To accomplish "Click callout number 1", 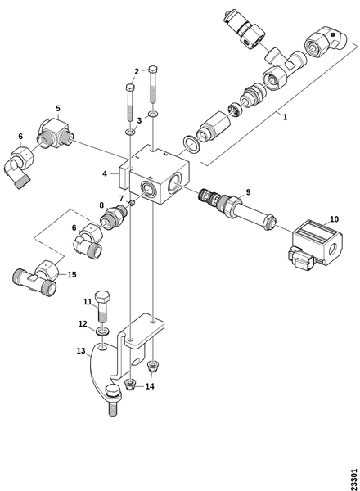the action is pyautogui.click(x=285, y=117).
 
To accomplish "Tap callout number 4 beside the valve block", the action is pyautogui.click(x=105, y=173).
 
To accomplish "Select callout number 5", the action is pyautogui.click(x=58, y=108).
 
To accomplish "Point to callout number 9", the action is pyautogui.click(x=248, y=192).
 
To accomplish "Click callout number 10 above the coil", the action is pyautogui.click(x=334, y=218).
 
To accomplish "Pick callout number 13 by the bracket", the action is pyautogui.click(x=81, y=351).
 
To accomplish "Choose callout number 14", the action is pyautogui.click(x=150, y=386).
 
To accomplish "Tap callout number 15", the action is pyautogui.click(x=72, y=275).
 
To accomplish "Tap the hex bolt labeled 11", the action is pyautogui.click(x=101, y=306).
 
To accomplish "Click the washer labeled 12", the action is pyautogui.click(x=102, y=331).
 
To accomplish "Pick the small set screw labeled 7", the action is pyautogui.click(x=132, y=203).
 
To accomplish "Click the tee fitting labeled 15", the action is pyautogui.click(x=36, y=277).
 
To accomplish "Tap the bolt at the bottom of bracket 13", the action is pyautogui.click(x=114, y=400).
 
